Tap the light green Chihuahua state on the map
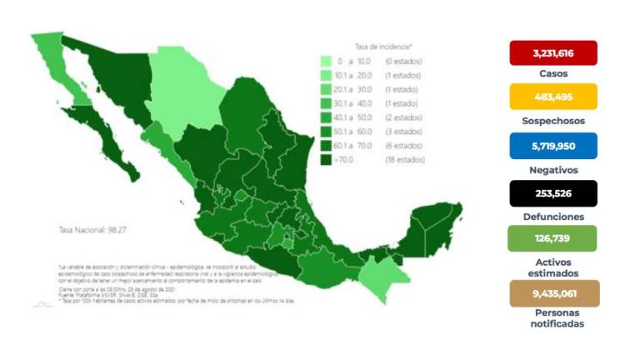183,92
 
